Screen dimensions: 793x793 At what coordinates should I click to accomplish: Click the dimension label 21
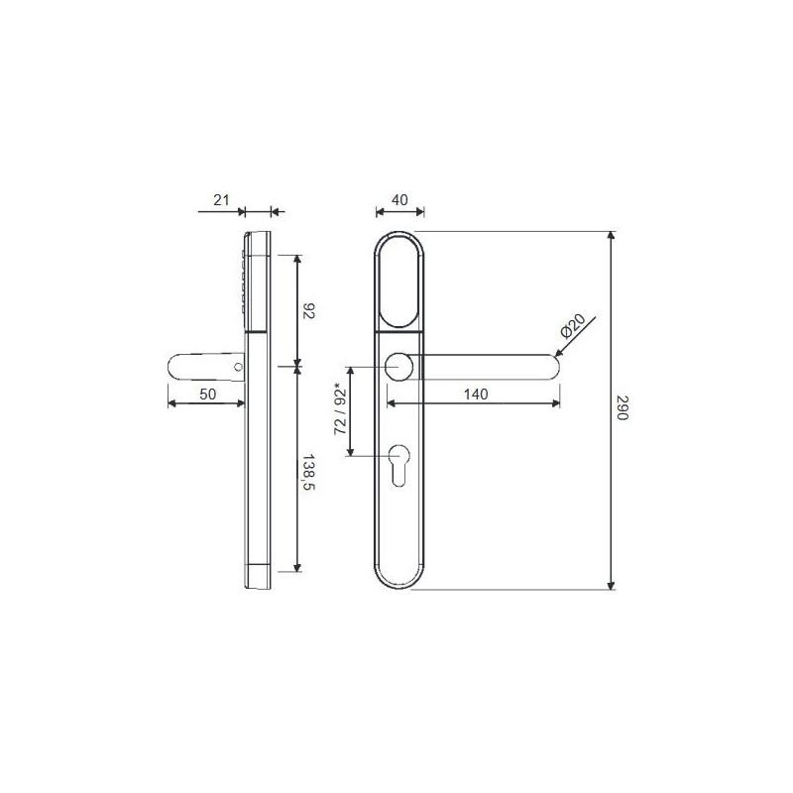coord(222,200)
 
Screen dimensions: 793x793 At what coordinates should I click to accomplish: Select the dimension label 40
coord(400,200)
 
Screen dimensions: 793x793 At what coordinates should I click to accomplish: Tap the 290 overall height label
coord(623,410)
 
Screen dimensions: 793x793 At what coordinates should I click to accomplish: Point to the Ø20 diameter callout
coord(576,326)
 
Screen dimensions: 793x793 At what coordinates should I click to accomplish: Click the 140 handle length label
coord(476,394)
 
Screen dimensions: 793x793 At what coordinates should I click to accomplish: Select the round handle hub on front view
coord(400,367)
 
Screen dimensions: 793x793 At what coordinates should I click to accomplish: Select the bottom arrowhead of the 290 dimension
coord(612,584)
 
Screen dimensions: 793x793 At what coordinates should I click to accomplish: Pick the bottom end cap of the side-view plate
coord(258,577)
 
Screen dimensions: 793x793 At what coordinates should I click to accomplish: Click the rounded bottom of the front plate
coord(400,580)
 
